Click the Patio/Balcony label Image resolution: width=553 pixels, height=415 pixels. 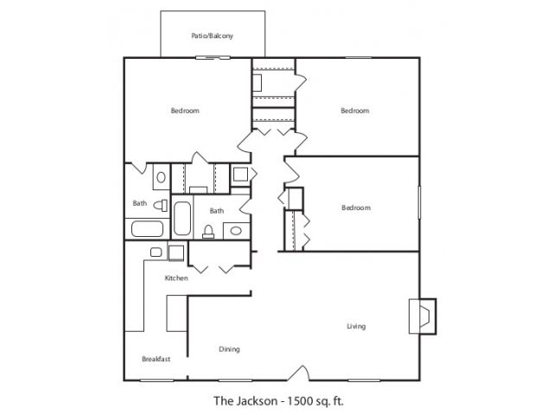(x=212, y=36)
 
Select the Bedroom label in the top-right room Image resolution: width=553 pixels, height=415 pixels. (x=354, y=111)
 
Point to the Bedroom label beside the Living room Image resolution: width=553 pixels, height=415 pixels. (x=355, y=207)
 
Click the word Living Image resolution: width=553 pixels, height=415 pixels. (x=356, y=326)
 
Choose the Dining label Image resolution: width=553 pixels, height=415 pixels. (x=229, y=349)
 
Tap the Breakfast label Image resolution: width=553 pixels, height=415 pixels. (x=156, y=359)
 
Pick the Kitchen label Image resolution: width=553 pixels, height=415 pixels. (x=176, y=278)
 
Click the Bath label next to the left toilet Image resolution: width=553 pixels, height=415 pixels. (x=139, y=204)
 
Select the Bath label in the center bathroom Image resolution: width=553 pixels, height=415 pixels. (x=217, y=210)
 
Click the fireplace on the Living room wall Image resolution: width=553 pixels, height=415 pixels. (x=423, y=316)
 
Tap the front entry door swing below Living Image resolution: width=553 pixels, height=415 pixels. (x=298, y=373)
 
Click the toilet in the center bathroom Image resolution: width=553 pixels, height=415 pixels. (x=208, y=230)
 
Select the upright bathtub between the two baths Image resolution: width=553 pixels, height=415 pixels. (x=182, y=219)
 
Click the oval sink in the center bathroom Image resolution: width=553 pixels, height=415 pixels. (x=236, y=231)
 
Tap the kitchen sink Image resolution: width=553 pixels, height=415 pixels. (x=156, y=252)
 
